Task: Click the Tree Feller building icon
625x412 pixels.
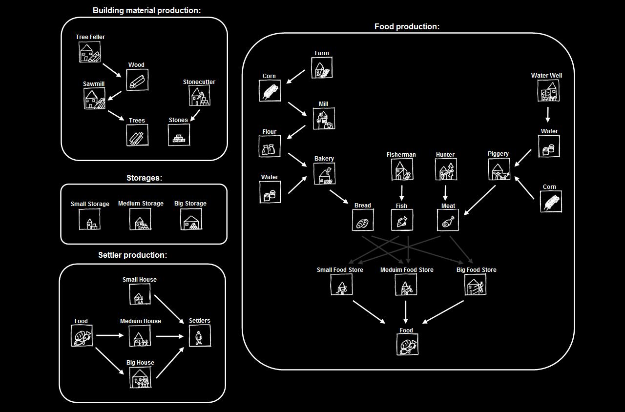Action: tap(89, 52)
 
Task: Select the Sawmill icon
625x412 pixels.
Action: tap(94, 99)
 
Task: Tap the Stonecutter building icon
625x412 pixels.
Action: tap(200, 96)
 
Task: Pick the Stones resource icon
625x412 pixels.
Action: tap(179, 135)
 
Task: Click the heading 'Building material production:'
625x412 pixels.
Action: tap(146, 11)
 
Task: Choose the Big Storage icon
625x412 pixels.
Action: tap(191, 219)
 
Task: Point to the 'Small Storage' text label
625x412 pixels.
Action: tap(90, 204)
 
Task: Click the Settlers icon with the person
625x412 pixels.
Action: tap(200, 336)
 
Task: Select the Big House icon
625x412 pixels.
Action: tap(140, 377)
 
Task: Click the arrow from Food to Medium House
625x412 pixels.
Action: tap(110, 335)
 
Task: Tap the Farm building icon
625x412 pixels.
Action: tap(322, 68)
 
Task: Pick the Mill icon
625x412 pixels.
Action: tap(324, 119)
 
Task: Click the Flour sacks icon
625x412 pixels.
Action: tap(270, 146)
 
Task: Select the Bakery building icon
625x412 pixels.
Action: tap(324, 174)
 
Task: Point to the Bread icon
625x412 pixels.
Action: tap(363, 220)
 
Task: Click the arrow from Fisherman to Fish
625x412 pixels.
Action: tap(402, 193)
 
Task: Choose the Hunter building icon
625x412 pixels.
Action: tap(446, 169)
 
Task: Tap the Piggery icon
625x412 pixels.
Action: tap(499, 169)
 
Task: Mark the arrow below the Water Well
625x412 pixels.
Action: tap(548, 115)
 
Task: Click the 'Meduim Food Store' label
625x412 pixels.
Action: tap(407, 270)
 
